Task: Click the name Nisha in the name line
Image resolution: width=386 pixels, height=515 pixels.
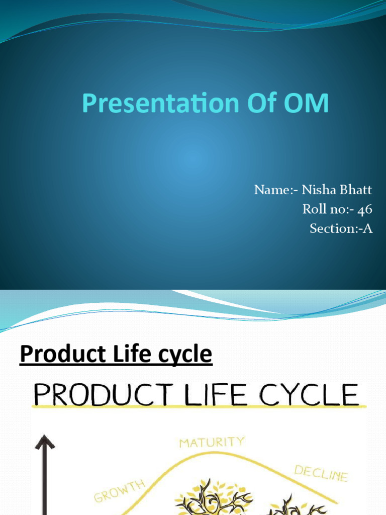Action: (318, 190)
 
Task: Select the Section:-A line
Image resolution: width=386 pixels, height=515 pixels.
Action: (341, 228)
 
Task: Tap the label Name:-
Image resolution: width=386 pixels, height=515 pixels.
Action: (276, 190)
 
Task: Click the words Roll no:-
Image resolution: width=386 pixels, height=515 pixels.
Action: (327, 209)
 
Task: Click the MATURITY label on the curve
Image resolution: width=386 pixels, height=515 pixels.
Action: (212, 443)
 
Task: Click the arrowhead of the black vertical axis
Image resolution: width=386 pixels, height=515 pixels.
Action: (44, 443)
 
